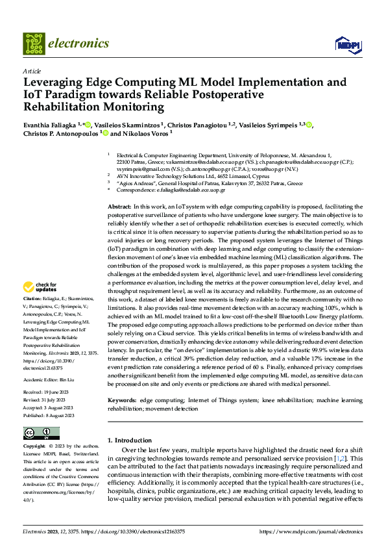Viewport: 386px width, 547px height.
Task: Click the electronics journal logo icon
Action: coord(35,44)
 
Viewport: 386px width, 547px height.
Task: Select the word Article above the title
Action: coord(32,71)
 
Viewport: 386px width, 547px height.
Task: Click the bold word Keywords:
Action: coord(122,401)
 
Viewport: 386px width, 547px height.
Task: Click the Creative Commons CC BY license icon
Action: coord(42,433)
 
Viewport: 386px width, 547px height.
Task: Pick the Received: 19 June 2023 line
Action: coord(51,392)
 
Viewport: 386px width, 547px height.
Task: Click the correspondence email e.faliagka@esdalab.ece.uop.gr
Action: coord(208,190)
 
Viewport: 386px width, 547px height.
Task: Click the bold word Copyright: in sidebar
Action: coord(35,447)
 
